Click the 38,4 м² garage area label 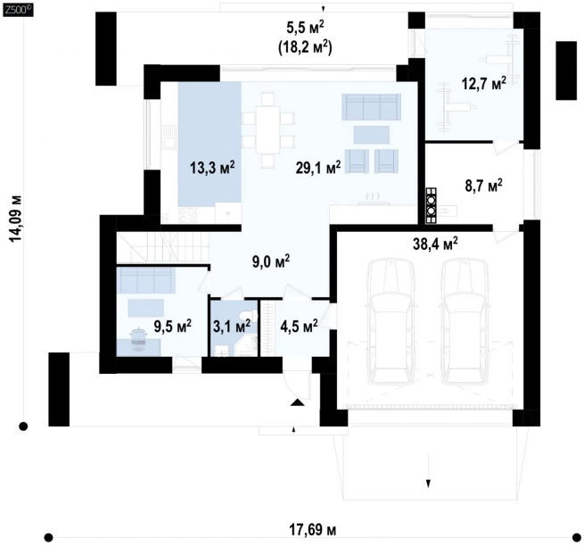point(435,244)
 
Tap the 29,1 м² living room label point(318,168)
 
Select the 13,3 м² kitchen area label point(212,168)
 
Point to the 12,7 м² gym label point(484,84)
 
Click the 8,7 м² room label point(484,186)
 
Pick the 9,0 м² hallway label point(271,261)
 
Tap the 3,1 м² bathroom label point(232,327)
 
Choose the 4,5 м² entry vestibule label point(299,327)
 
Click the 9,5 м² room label point(173,326)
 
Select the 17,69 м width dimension point(313,529)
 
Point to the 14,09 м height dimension point(16,219)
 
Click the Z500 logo point(17,11)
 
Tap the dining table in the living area point(267,129)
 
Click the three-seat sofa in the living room point(372,107)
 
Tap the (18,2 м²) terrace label point(306,47)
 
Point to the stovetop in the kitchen point(188,215)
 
